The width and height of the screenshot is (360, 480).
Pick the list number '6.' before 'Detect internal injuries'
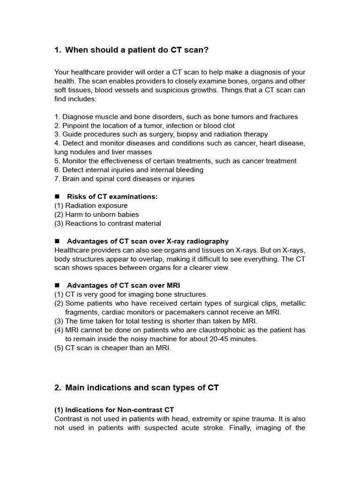click(57, 170)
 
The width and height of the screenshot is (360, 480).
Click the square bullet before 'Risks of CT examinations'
click(58, 197)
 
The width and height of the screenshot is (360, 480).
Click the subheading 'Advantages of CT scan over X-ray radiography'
click(148, 241)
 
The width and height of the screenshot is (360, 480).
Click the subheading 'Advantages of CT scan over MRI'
click(123, 285)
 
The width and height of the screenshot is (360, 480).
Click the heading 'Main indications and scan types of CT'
click(142, 388)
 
